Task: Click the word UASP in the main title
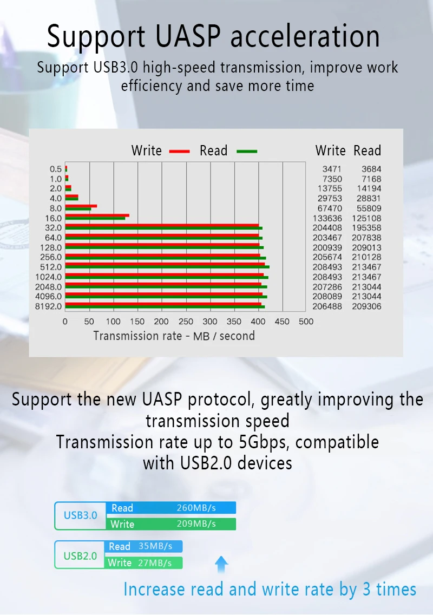[x=188, y=36]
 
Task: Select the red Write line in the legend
[x=180, y=152]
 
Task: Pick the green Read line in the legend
[x=247, y=152]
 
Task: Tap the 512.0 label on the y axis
[x=51, y=267]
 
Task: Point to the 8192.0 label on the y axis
[x=48, y=306]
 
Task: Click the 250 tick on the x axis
[x=186, y=322]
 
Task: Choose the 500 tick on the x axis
[x=306, y=322]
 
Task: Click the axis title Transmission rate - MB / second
[x=174, y=336]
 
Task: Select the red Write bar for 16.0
[x=97, y=215]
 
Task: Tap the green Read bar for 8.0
[x=78, y=209]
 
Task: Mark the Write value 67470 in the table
[x=330, y=208]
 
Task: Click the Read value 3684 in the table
[x=371, y=169]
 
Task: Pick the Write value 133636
[x=327, y=218]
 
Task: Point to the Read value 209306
[x=366, y=306]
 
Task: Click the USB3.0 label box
[x=81, y=516]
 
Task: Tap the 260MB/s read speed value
[x=196, y=508]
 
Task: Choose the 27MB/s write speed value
[x=155, y=563]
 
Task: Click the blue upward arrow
[x=221, y=565]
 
